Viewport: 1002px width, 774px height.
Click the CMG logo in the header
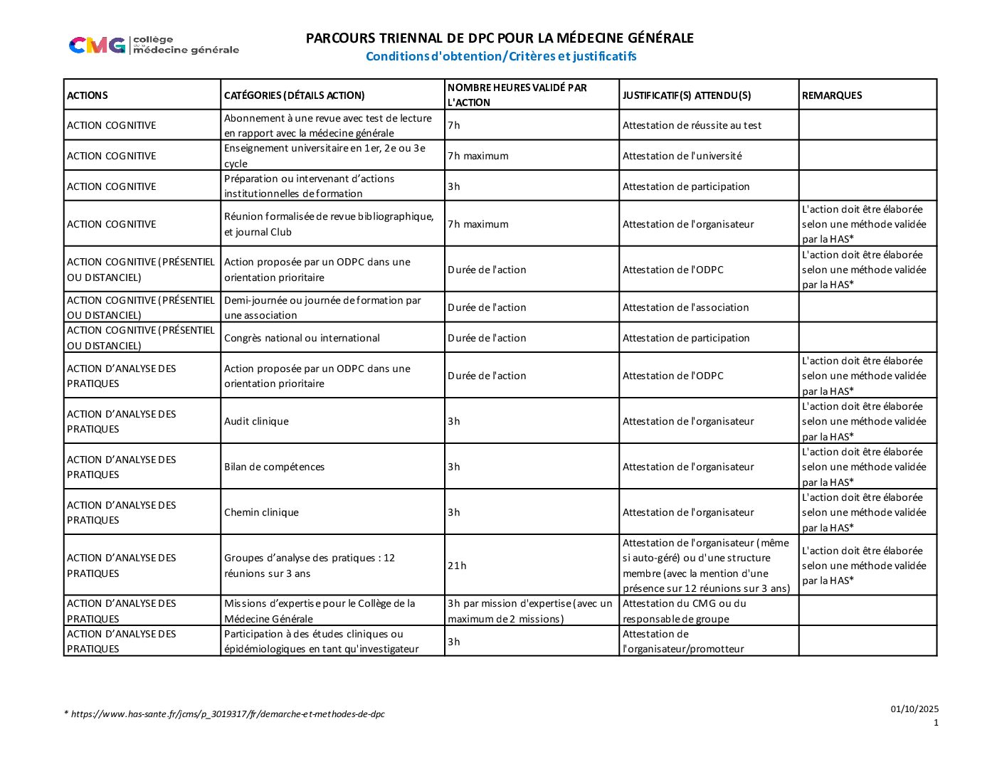[x=154, y=45]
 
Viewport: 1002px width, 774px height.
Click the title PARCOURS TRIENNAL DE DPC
[x=500, y=38]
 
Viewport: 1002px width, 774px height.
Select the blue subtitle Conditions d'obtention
[x=501, y=56]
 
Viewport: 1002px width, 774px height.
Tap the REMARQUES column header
[x=832, y=95]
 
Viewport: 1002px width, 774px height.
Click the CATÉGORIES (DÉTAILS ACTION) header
[x=295, y=95]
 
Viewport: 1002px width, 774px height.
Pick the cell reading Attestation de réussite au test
[x=692, y=125]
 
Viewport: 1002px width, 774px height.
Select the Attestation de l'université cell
[x=682, y=156]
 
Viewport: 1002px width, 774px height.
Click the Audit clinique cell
[x=256, y=421]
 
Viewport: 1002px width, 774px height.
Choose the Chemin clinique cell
[x=261, y=512]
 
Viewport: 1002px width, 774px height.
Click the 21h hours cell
[x=457, y=566]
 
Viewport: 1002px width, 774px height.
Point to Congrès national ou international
[x=302, y=338]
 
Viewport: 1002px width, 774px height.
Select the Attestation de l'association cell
[x=685, y=307]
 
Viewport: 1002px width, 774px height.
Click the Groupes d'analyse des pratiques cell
[x=310, y=566]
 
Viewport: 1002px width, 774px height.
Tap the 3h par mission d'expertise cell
[x=529, y=611]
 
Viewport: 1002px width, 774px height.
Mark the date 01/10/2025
[x=914, y=709]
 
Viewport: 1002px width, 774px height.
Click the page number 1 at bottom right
[x=936, y=723]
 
